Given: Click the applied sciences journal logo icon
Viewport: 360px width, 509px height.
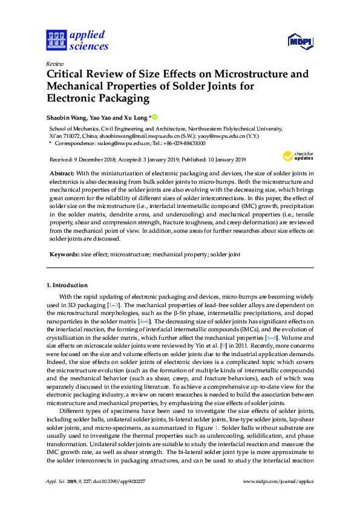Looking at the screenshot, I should pos(56,41).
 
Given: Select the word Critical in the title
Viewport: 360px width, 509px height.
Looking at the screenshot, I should pos(68,75).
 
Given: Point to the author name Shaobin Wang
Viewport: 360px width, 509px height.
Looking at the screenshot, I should pos(68,117).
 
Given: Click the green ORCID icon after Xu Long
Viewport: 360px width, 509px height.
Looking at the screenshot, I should pos(154,117).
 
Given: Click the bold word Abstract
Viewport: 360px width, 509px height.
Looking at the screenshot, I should pos(62,173).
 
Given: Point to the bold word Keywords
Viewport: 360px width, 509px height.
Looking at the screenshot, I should pos(64,255).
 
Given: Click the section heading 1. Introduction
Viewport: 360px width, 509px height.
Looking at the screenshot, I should pos(67,285).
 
